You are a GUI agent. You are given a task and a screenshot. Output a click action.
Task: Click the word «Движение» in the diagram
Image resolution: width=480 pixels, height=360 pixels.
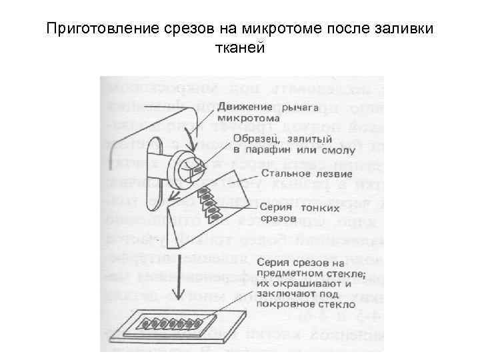click(x=243, y=106)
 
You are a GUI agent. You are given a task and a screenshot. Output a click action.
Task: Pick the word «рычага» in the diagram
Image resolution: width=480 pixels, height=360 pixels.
click(x=301, y=106)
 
